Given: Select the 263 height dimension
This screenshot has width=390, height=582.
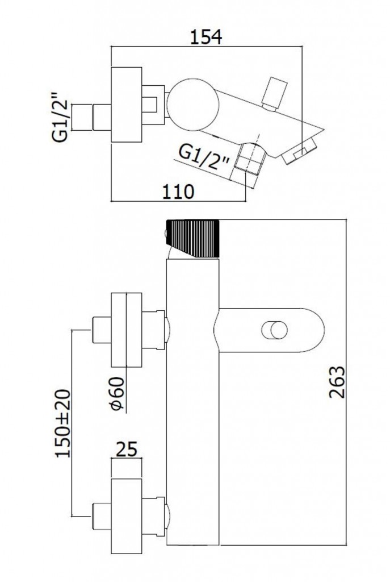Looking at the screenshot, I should click(339, 383).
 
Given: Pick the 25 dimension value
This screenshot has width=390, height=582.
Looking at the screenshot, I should click(127, 450).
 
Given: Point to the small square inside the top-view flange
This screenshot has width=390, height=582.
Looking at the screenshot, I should click(150, 105).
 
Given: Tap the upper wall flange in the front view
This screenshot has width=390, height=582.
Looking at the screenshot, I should click(126, 330).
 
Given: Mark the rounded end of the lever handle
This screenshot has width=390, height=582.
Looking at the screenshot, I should click(315, 330).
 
